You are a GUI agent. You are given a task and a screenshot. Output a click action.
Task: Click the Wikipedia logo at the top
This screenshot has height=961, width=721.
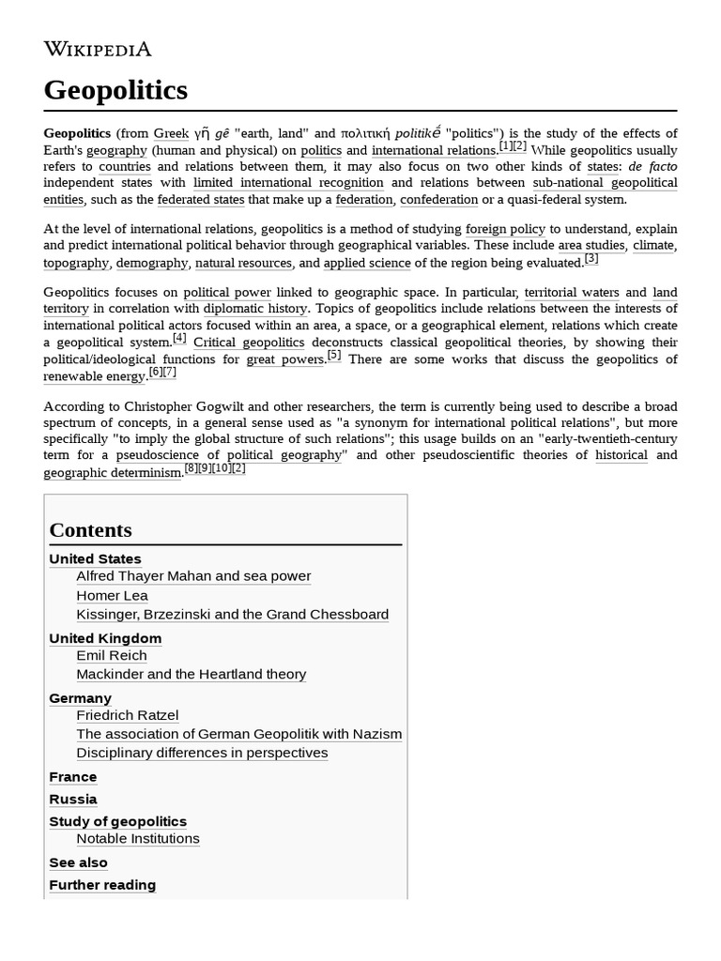pyautogui.click(x=98, y=49)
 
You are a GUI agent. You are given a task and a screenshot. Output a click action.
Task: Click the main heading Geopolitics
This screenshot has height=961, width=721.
pyautogui.click(x=115, y=90)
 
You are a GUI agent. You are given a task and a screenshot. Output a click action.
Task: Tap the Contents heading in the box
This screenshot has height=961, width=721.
pyautogui.click(x=90, y=529)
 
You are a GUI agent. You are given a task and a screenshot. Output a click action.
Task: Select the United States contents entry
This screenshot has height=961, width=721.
pyautogui.click(x=95, y=558)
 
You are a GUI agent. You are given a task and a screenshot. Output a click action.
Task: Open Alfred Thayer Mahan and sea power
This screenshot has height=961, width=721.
pyautogui.click(x=193, y=576)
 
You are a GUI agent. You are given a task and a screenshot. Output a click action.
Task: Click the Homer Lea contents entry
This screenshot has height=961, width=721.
pyautogui.click(x=112, y=596)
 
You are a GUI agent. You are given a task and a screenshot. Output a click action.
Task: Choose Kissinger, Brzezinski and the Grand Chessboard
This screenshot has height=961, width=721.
pyautogui.click(x=232, y=615)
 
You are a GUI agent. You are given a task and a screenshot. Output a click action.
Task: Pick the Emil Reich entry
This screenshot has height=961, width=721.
pyautogui.click(x=112, y=656)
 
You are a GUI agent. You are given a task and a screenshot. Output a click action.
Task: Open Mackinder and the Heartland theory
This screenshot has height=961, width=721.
pyautogui.click(x=191, y=675)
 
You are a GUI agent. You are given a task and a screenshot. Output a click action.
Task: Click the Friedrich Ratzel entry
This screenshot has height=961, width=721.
pyautogui.click(x=127, y=715)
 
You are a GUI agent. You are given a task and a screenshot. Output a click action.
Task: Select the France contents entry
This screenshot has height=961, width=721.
pyautogui.click(x=72, y=777)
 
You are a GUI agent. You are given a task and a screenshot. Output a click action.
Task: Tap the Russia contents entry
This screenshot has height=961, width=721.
pyautogui.click(x=72, y=800)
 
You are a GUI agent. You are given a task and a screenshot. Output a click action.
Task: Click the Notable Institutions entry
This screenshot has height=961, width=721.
pyautogui.click(x=138, y=839)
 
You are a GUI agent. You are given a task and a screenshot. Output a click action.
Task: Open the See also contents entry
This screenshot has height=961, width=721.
pyautogui.click(x=78, y=862)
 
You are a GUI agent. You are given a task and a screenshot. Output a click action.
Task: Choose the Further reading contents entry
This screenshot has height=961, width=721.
pyautogui.click(x=102, y=885)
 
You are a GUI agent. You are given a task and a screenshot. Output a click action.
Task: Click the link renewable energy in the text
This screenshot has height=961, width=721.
pyautogui.click(x=95, y=376)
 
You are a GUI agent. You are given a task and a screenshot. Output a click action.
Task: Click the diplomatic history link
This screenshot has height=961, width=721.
pyautogui.click(x=255, y=309)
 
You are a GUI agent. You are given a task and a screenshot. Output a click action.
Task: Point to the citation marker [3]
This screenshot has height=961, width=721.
pyautogui.click(x=591, y=259)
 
